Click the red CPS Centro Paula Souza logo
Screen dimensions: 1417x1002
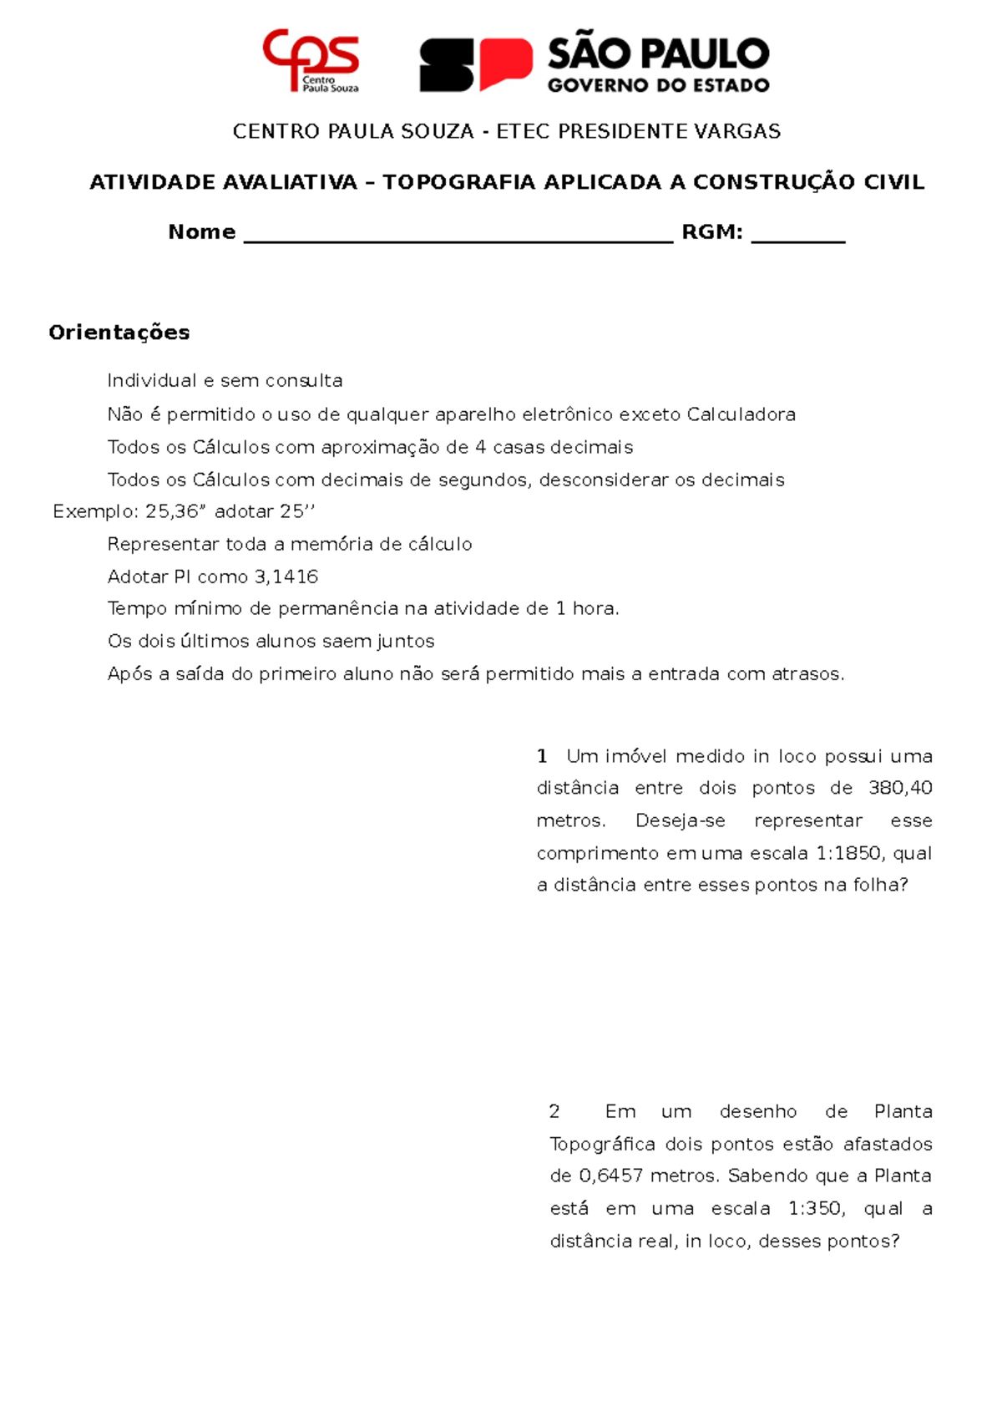click(311, 59)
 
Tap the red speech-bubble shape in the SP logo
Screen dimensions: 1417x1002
click(504, 62)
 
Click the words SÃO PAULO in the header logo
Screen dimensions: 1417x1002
click(658, 54)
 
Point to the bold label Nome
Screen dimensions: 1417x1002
click(202, 232)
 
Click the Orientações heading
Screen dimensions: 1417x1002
click(119, 333)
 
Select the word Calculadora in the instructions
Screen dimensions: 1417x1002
click(741, 414)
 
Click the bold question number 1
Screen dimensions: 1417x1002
click(542, 756)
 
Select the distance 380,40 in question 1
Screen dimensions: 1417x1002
click(900, 788)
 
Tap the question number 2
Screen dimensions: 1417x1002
click(554, 1111)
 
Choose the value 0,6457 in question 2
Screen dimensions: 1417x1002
click(611, 1176)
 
